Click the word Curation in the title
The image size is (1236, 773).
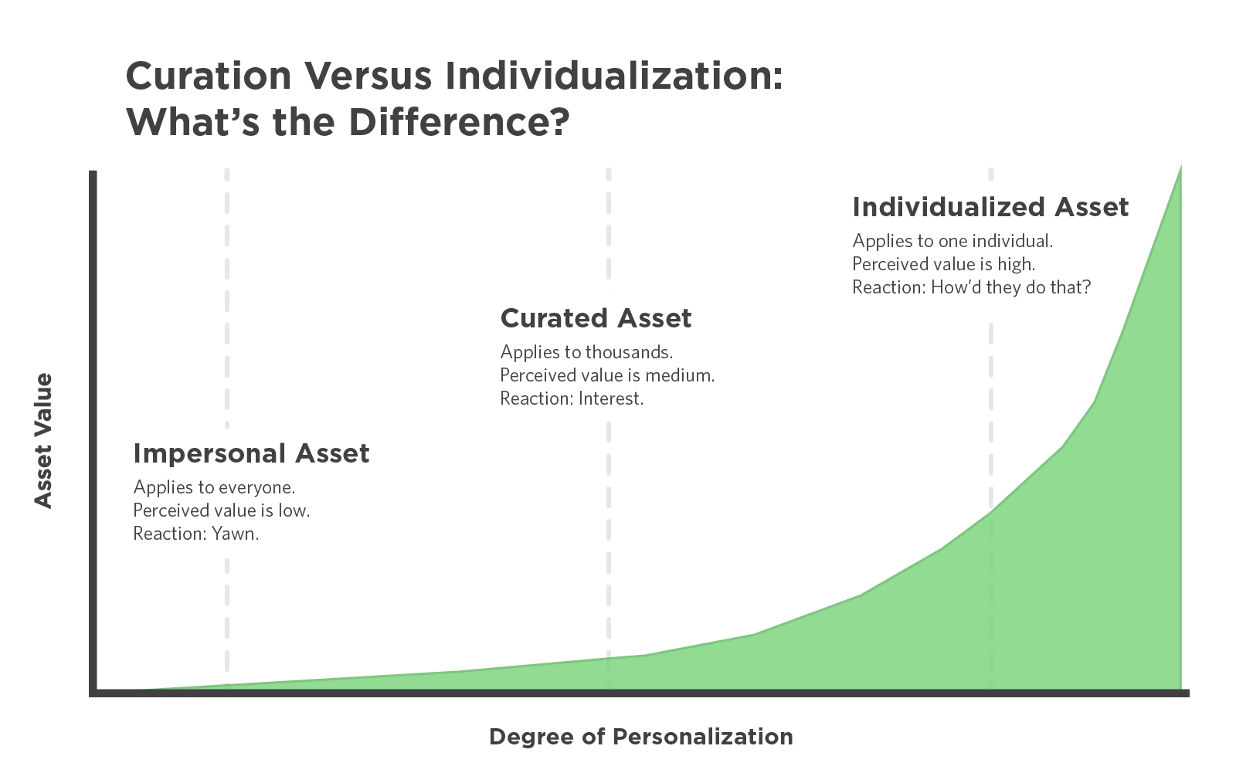click(x=209, y=76)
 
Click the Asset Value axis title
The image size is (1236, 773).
click(x=43, y=440)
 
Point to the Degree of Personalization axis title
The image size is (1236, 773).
click(x=640, y=737)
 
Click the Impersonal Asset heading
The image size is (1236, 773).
click(x=251, y=453)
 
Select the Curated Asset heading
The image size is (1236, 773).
click(x=596, y=318)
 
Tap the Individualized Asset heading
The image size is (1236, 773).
click(x=990, y=208)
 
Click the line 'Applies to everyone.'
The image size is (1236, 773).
click(x=214, y=487)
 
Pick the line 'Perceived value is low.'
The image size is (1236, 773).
click(x=221, y=510)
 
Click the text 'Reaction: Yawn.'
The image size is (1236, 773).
click(x=196, y=534)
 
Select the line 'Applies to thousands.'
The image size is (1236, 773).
click(x=586, y=352)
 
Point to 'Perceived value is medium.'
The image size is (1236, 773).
click(x=607, y=375)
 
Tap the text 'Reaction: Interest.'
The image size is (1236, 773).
click(x=572, y=398)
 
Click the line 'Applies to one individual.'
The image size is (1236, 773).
click(x=952, y=241)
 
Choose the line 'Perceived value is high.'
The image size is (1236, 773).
click(x=943, y=264)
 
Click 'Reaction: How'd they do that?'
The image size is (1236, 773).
click(x=972, y=287)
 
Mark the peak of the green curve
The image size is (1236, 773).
click(x=1180, y=165)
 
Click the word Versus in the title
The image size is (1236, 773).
click(x=368, y=76)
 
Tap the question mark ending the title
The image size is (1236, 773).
click(x=559, y=122)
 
